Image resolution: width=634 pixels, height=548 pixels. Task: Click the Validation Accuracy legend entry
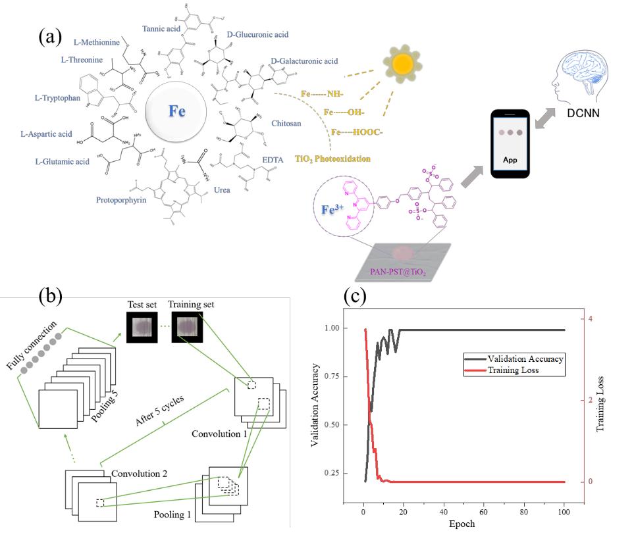[524, 359]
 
